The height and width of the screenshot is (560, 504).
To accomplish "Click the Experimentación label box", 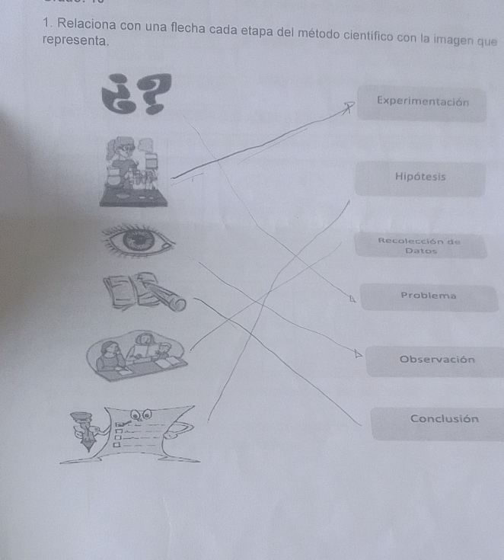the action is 422,103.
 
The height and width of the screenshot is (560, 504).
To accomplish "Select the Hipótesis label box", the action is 420,178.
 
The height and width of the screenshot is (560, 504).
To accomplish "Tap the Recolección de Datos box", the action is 421,245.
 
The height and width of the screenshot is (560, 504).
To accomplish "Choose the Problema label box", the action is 429,297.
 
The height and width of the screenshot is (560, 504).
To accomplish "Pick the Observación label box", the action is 435,361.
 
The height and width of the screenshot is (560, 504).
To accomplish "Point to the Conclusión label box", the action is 439,424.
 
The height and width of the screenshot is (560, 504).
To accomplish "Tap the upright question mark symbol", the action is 155,93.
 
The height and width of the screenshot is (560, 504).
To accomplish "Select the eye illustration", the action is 139,239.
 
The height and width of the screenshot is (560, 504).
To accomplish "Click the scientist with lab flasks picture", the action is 133,171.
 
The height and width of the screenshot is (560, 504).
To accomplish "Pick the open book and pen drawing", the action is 144,291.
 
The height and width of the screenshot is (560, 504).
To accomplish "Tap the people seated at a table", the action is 136,355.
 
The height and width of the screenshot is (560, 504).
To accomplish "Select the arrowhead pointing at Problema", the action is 352,299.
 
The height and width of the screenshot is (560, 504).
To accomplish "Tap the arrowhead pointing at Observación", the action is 358,354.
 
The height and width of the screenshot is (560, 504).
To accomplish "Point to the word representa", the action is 75,40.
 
